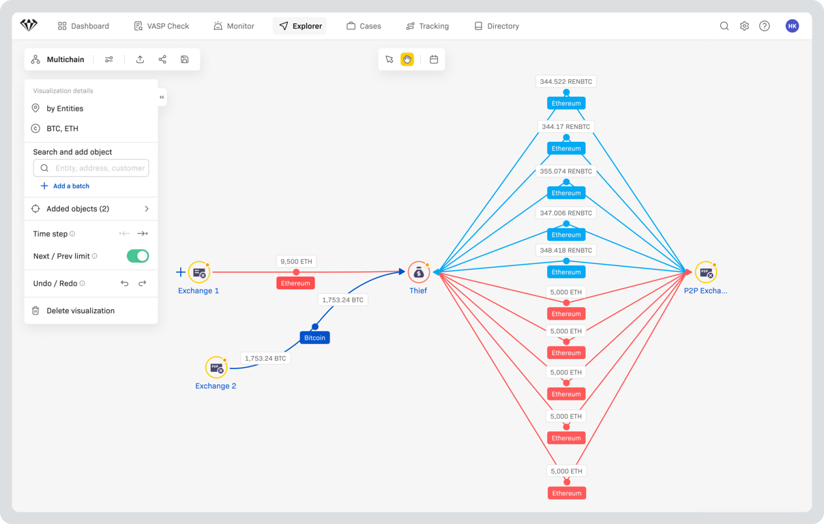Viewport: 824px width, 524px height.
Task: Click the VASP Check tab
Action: pyautogui.click(x=161, y=26)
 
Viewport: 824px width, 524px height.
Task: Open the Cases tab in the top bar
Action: pyautogui.click(x=364, y=26)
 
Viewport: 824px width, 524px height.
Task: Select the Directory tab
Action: pyautogui.click(x=497, y=26)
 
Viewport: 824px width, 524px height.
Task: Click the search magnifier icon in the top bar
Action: pyautogui.click(x=724, y=26)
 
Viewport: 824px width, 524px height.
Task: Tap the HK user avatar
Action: pyautogui.click(x=792, y=26)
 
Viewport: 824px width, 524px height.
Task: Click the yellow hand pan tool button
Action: pyautogui.click(x=407, y=59)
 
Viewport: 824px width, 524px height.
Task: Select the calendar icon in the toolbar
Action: pyautogui.click(x=434, y=59)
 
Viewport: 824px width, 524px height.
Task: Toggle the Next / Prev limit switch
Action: pyautogui.click(x=138, y=256)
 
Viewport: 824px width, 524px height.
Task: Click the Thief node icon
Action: pyautogui.click(x=418, y=272)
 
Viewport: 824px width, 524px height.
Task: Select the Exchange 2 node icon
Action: pyautogui.click(x=216, y=367)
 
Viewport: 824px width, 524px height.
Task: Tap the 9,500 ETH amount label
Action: pyautogui.click(x=296, y=261)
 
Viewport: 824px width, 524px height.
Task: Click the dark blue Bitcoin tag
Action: pyautogui.click(x=314, y=338)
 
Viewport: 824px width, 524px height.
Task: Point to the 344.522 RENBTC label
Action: pyautogui.click(x=565, y=81)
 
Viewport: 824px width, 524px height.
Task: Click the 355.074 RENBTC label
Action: pyautogui.click(x=565, y=171)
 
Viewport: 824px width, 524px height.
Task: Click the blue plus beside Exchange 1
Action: pyautogui.click(x=181, y=272)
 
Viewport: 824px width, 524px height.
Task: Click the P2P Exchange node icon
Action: pyautogui.click(x=706, y=272)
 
